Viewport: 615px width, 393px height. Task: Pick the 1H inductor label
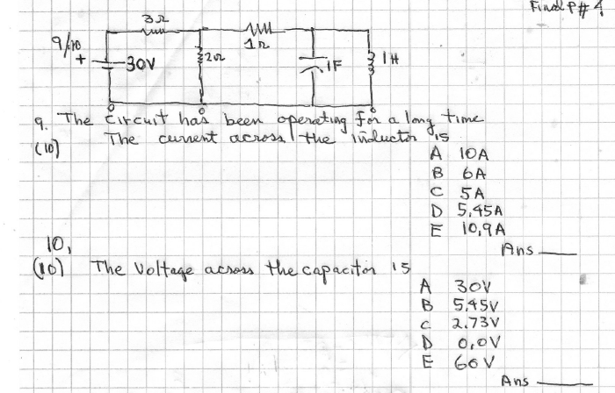point(398,62)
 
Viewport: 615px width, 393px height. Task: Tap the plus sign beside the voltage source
point(81,63)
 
